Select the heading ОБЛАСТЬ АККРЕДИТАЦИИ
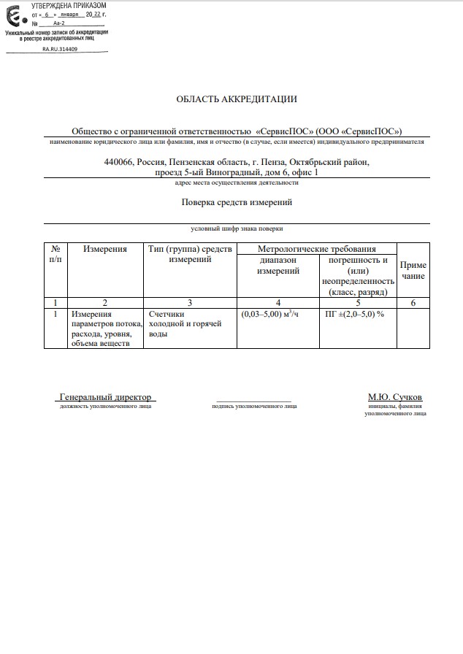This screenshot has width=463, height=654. pos(237,99)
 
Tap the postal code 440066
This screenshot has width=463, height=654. pos(119,162)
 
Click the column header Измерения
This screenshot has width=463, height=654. pos(105,249)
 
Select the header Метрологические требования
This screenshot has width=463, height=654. pos(317,249)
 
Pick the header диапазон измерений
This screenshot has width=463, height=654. pos(278,265)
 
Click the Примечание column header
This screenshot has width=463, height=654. pos(413,271)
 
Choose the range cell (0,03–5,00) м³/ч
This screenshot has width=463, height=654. pos(270,314)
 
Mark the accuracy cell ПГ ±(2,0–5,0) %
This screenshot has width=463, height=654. pos(355,314)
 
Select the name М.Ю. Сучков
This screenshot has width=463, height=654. pos(394,397)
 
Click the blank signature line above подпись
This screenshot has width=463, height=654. pos(253,399)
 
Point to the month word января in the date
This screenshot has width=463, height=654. pos(68,14)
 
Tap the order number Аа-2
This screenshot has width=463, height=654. pos(59,23)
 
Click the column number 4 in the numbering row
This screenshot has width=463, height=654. pos(278,301)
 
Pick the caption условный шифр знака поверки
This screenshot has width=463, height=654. pos(237,228)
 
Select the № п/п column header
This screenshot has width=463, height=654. pos(56,254)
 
